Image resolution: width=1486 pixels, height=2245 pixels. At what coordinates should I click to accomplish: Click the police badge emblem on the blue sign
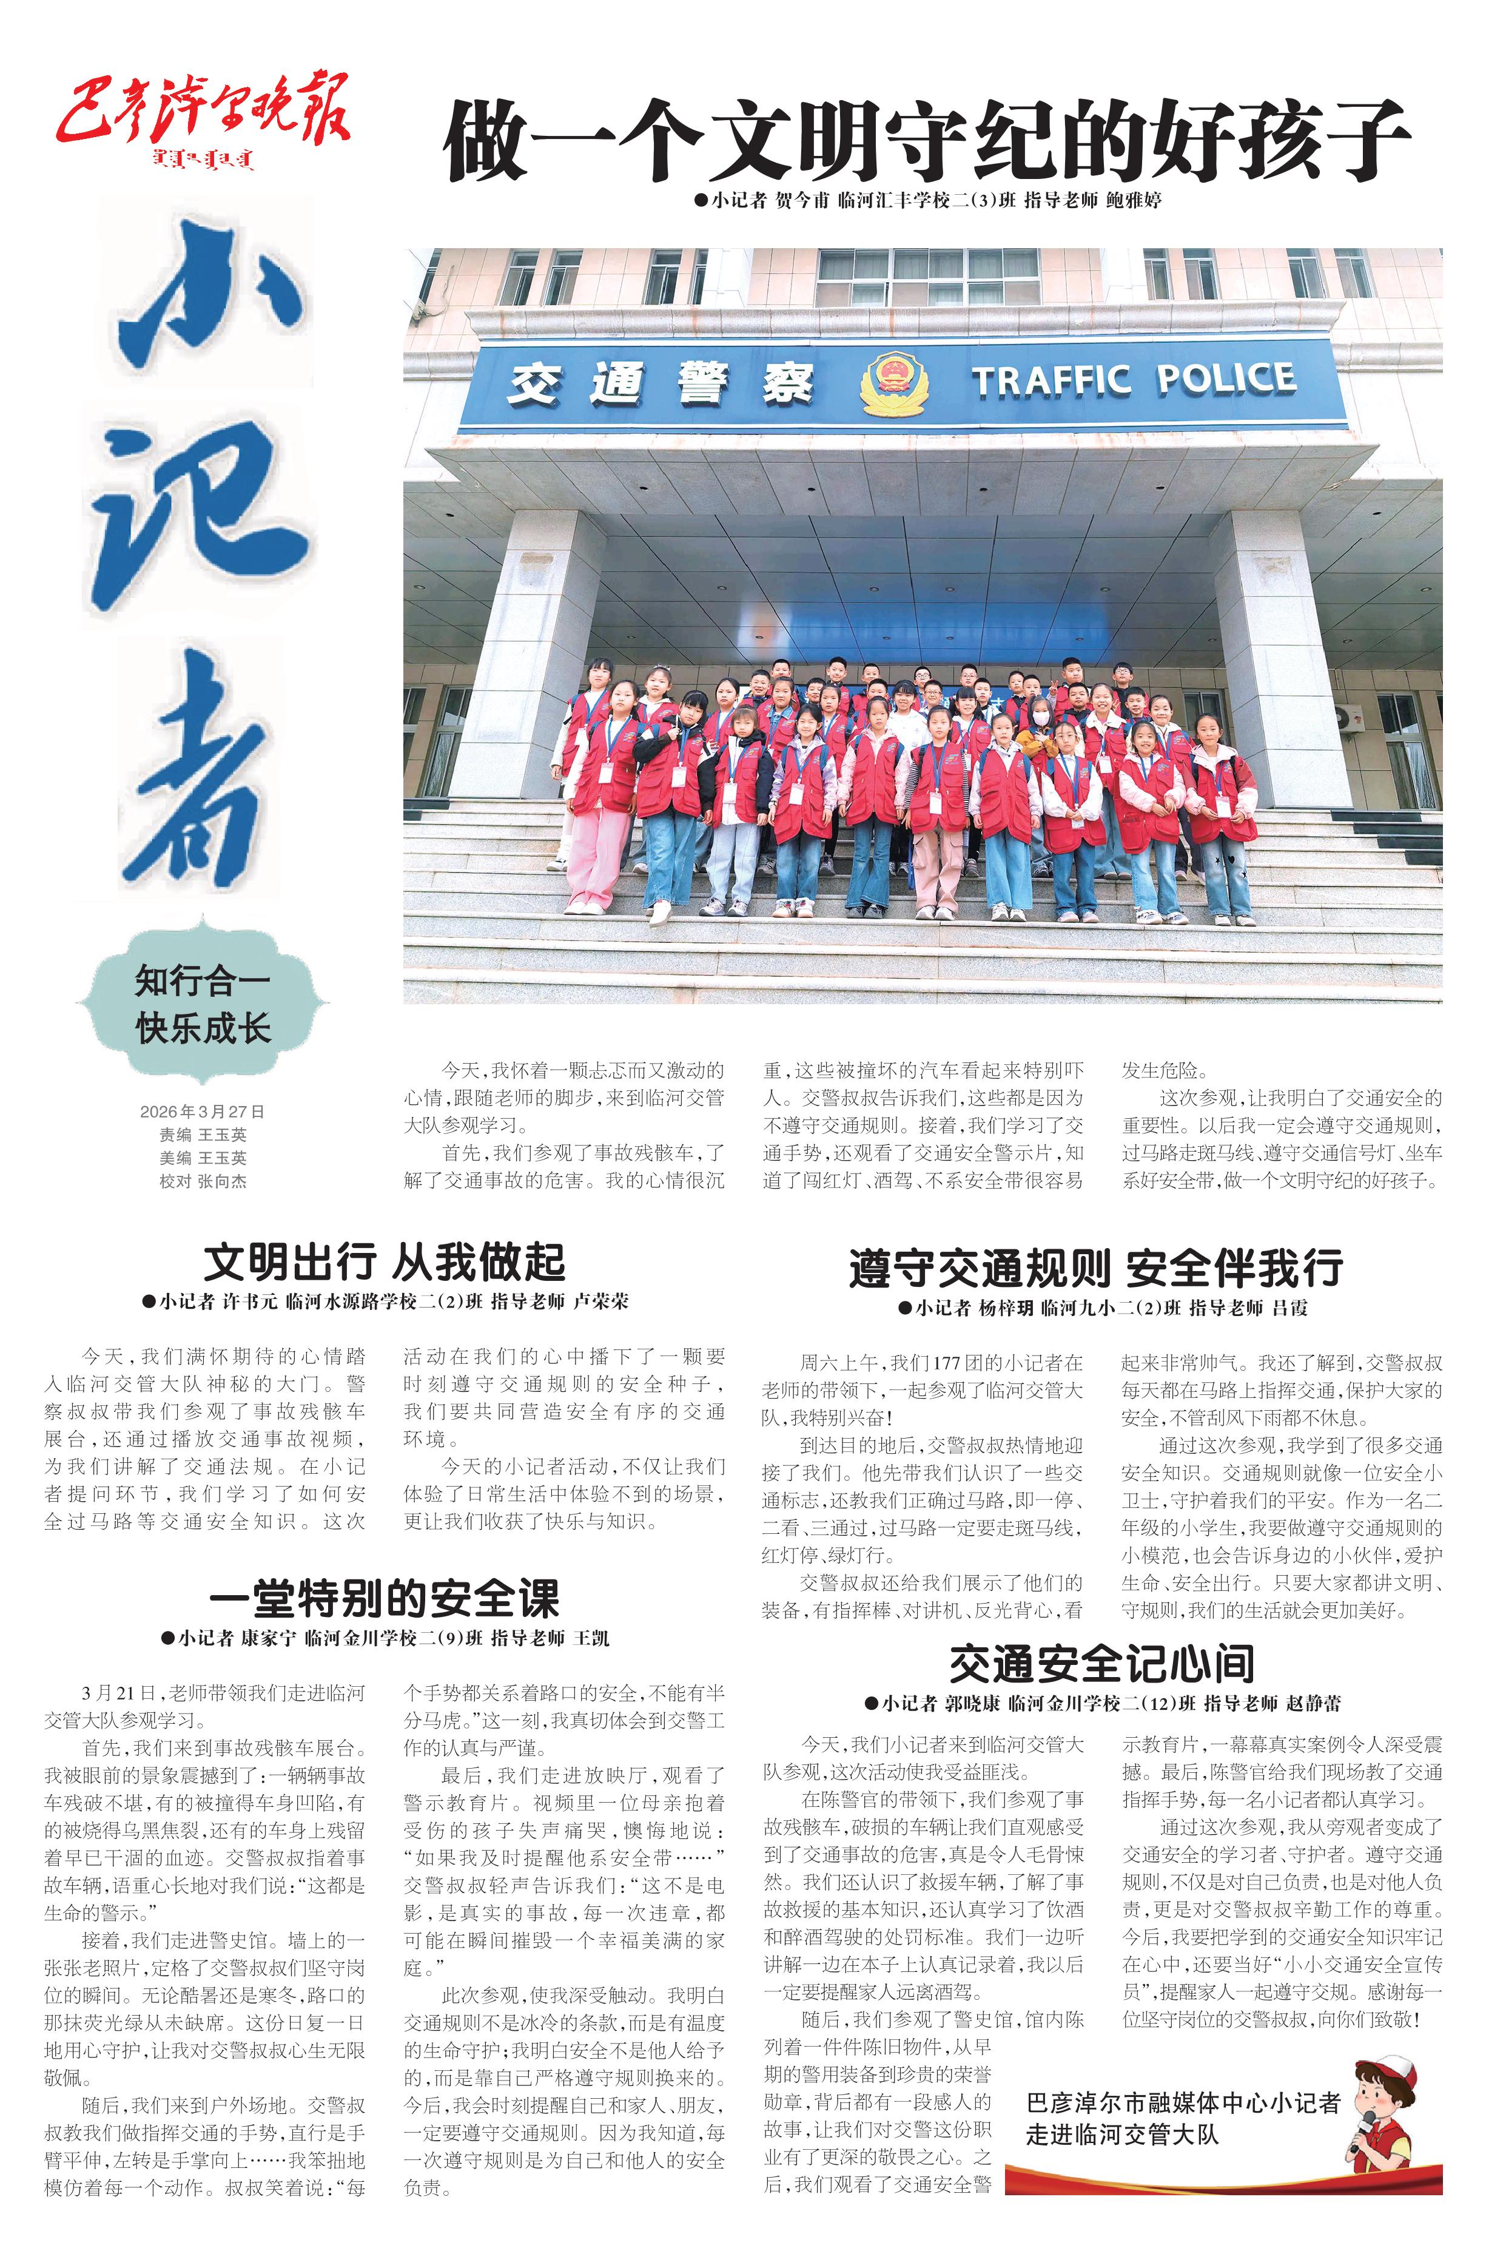893,384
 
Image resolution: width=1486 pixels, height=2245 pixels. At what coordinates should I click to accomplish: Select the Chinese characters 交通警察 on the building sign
661,384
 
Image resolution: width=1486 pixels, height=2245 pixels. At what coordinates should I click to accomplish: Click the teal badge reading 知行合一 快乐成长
203,1003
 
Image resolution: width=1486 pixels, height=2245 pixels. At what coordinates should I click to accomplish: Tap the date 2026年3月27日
202,1111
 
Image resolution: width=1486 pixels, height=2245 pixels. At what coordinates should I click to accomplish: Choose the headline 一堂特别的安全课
384,1598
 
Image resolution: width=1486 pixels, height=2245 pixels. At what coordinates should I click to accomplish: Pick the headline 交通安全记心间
1102,1663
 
